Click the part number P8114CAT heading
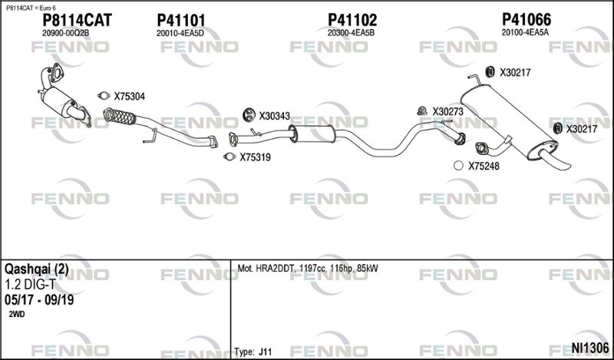77,20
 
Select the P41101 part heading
180,20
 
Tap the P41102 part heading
352,20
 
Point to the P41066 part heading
527,19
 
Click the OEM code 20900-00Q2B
65,33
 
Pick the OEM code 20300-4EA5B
351,33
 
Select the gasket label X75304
129,97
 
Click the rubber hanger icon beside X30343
249,114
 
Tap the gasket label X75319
255,157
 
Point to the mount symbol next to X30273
422,111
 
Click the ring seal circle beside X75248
458,166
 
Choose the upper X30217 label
515,72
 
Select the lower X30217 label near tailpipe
582,129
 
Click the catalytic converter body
59,101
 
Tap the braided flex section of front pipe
119,117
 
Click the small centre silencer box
312,134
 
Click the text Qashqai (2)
36,269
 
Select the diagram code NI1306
590,347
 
